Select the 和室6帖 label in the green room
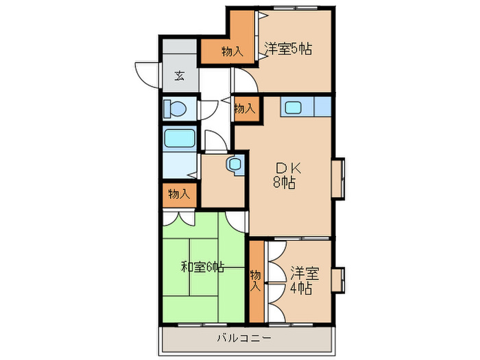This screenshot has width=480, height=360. coord(202,267)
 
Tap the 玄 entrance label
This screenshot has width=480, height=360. coord(179,75)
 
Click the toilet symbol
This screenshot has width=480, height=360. coord(176,108)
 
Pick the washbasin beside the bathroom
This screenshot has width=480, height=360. coord(235,164)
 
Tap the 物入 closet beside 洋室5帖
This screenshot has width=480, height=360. coord(232,51)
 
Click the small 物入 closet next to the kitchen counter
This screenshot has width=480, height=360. coord(245,108)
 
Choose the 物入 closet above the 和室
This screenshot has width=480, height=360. coord(180,194)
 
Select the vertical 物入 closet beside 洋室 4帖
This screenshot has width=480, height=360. coord(256,280)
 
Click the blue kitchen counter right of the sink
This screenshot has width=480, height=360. coord(322,107)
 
